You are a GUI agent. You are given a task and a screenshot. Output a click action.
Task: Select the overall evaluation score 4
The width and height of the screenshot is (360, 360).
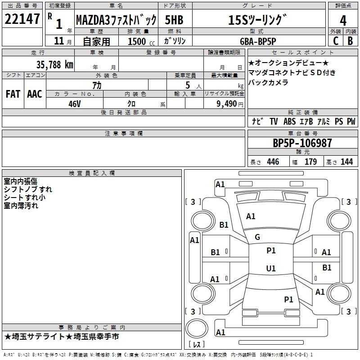click(x=343, y=20)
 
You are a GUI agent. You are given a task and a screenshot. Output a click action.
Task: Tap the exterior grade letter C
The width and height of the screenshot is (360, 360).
click(x=335, y=40)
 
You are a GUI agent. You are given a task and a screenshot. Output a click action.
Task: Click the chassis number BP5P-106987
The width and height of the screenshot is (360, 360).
click(x=302, y=143)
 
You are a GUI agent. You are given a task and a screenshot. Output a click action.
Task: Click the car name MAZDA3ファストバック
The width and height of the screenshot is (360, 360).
click(x=116, y=20)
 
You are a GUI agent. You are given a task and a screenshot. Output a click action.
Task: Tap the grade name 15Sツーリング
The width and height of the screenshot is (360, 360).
click(x=257, y=20)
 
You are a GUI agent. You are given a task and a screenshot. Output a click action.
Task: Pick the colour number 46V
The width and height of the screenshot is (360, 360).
click(x=75, y=103)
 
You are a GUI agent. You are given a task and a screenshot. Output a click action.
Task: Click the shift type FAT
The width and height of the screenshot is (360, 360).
click(x=13, y=94)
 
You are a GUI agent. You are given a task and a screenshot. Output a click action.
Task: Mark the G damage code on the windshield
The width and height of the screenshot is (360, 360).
click(x=257, y=237)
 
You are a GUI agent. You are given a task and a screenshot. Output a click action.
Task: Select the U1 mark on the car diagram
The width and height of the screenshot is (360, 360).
click(x=270, y=268)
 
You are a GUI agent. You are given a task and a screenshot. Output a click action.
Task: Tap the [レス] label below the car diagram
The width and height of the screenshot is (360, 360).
click(x=197, y=345)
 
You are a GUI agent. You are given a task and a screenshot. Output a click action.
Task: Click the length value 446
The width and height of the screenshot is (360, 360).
click(x=272, y=162)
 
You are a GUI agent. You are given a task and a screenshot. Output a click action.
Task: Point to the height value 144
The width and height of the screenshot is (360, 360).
click(x=346, y=162)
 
